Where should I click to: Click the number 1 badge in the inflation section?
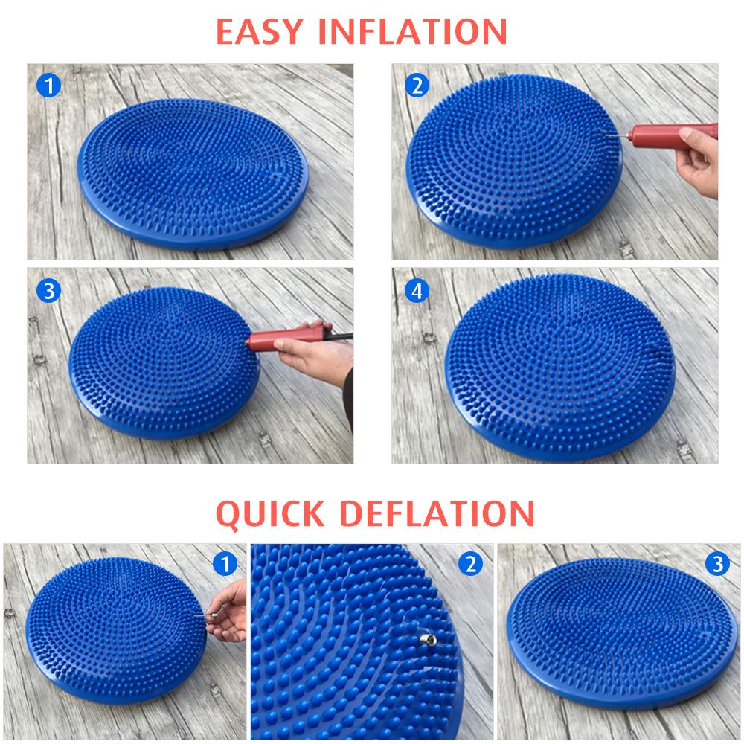[x=49, y=86]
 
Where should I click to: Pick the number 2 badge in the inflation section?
[x=417, y=86]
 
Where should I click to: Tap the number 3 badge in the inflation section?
[x=49, y=290]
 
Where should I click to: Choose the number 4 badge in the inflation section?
[x=417, y=290]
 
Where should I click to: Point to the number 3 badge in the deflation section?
[x=717, y=564]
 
